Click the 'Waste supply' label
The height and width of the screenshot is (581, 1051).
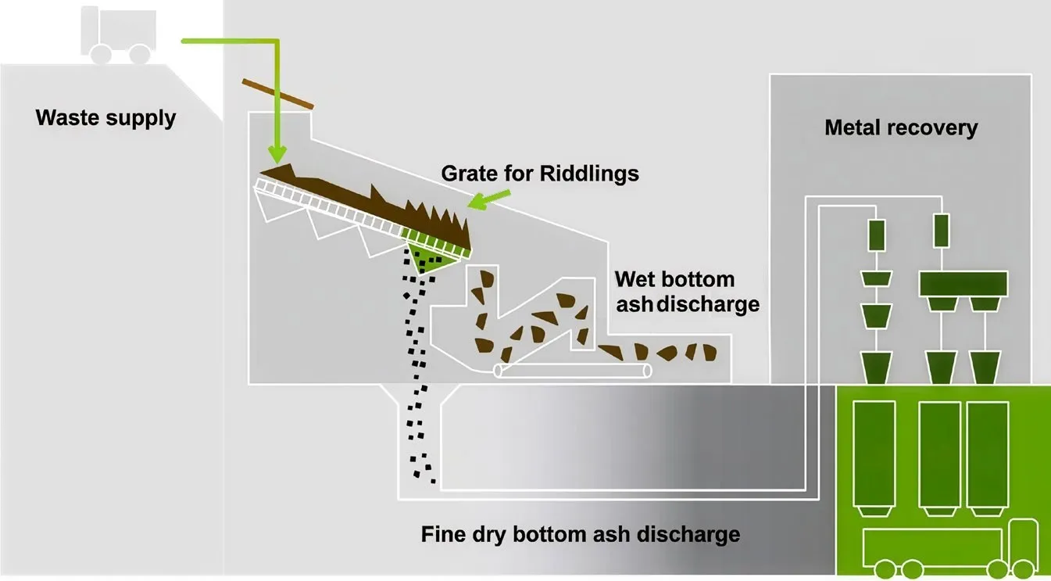coord(105,119)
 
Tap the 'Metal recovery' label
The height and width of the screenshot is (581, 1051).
coord(901,127)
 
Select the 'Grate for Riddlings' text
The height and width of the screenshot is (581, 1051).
coord(540,173)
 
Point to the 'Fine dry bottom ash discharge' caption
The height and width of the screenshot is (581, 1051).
coord(580,535)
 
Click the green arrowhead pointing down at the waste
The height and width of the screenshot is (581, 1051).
coord(276,156)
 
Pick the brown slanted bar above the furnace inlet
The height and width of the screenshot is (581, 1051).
coord(277,94)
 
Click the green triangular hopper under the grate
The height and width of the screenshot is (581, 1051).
coord(429,257)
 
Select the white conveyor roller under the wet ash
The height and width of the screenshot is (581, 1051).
coord(573,371)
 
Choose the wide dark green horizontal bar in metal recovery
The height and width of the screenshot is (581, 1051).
coord(963,283)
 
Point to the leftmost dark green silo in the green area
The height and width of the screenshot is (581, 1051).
coord(874,454)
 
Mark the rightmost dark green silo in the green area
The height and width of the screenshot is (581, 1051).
coord(988,454)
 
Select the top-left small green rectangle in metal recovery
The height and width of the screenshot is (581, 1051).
coord(876,233)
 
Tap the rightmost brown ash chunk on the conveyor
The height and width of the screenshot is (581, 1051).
coord(710,353)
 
